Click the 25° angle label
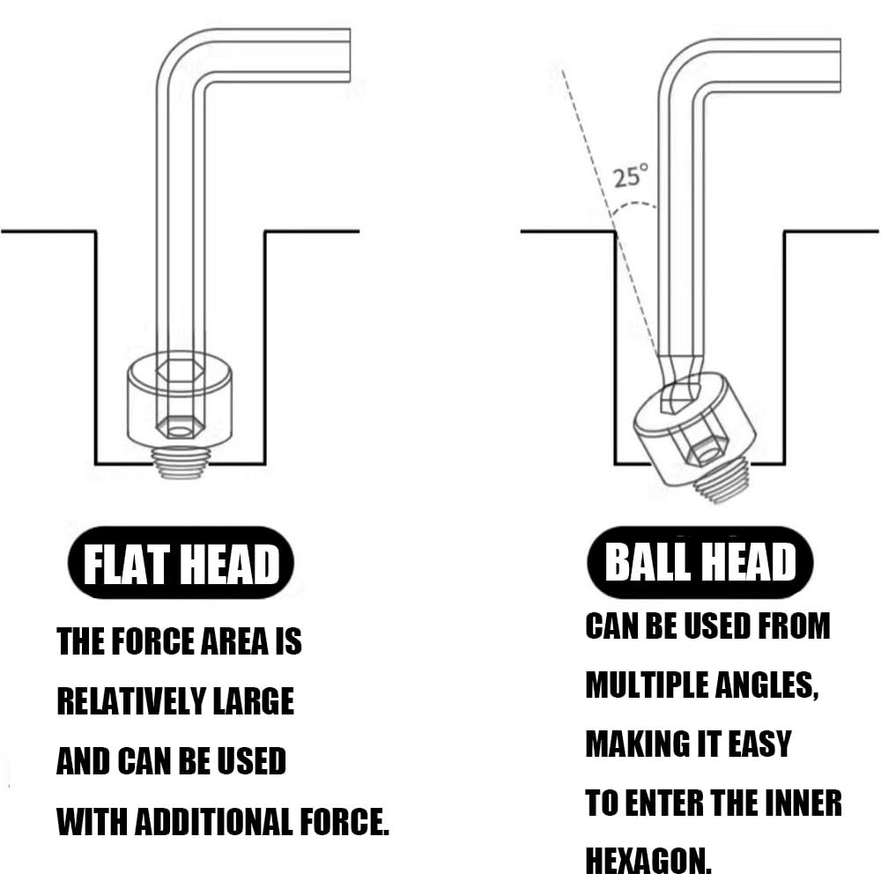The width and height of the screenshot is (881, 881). [630, 176]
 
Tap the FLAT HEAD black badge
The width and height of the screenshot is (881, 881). [181, 562]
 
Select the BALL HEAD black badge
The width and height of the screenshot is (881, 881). [700, 562]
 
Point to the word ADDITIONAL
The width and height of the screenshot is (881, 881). [214, 821]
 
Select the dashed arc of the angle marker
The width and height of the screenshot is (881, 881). [633, 206]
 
